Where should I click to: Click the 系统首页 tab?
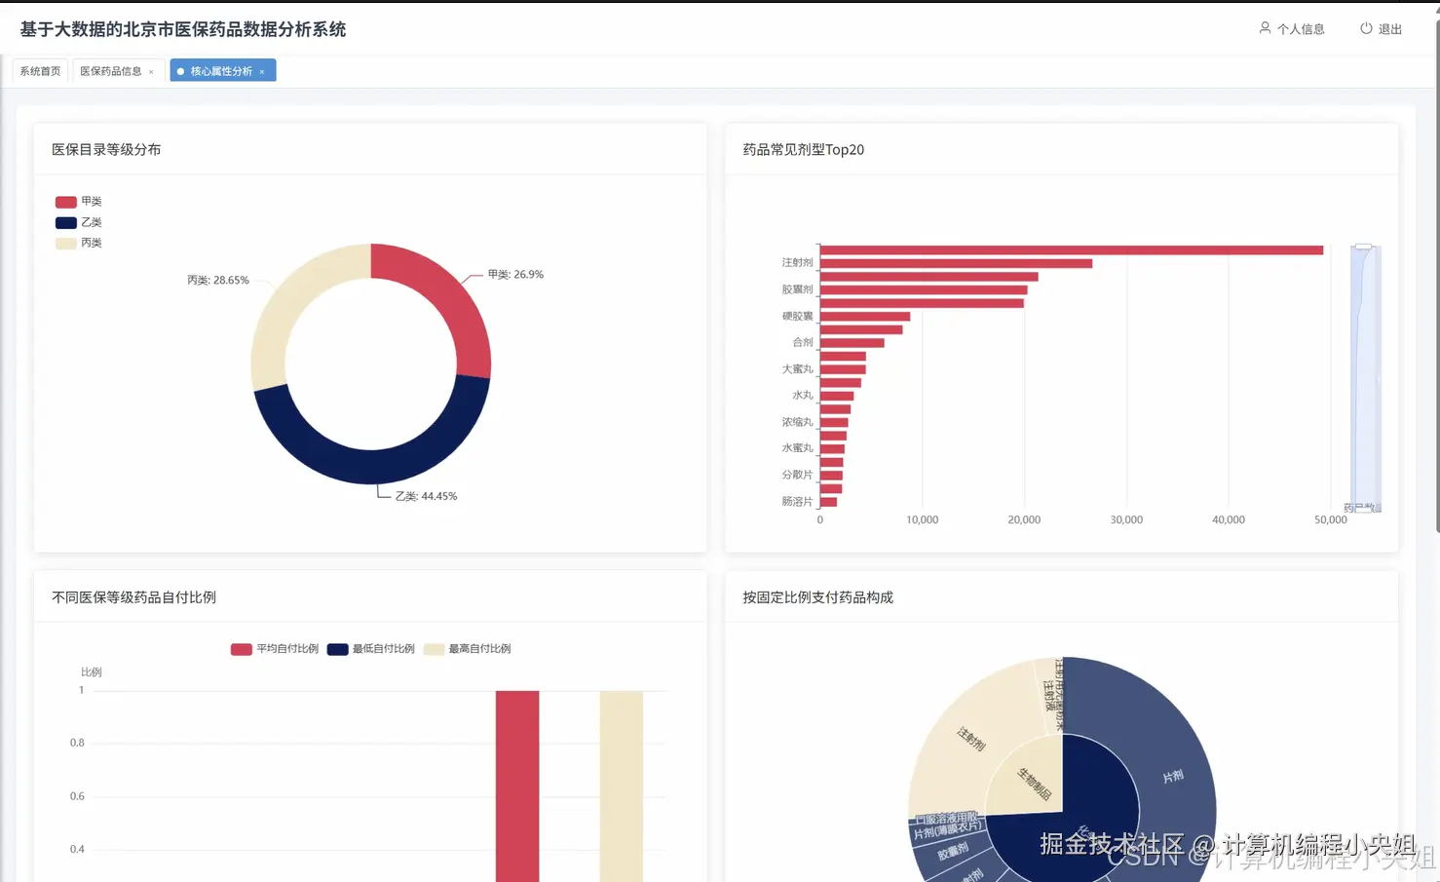40,71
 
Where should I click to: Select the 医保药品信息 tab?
110,71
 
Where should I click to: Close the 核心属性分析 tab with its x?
262,72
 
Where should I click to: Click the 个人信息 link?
1292,29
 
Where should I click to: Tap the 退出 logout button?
1381,29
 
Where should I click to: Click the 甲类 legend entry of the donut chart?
79,202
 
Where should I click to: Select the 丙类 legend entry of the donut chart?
79,244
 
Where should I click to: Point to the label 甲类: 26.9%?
515,275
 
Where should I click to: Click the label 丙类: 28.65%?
217,281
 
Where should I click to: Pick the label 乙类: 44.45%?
426,496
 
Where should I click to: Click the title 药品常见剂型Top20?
803,150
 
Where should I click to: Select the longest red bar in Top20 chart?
1072,250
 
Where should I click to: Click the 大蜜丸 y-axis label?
797,369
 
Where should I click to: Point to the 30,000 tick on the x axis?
1126,520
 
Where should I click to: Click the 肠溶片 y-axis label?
797,502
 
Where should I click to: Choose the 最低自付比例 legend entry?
371,649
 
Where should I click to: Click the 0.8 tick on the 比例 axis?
77,743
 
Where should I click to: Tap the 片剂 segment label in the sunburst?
1173,777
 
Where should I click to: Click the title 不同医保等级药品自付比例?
133,597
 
